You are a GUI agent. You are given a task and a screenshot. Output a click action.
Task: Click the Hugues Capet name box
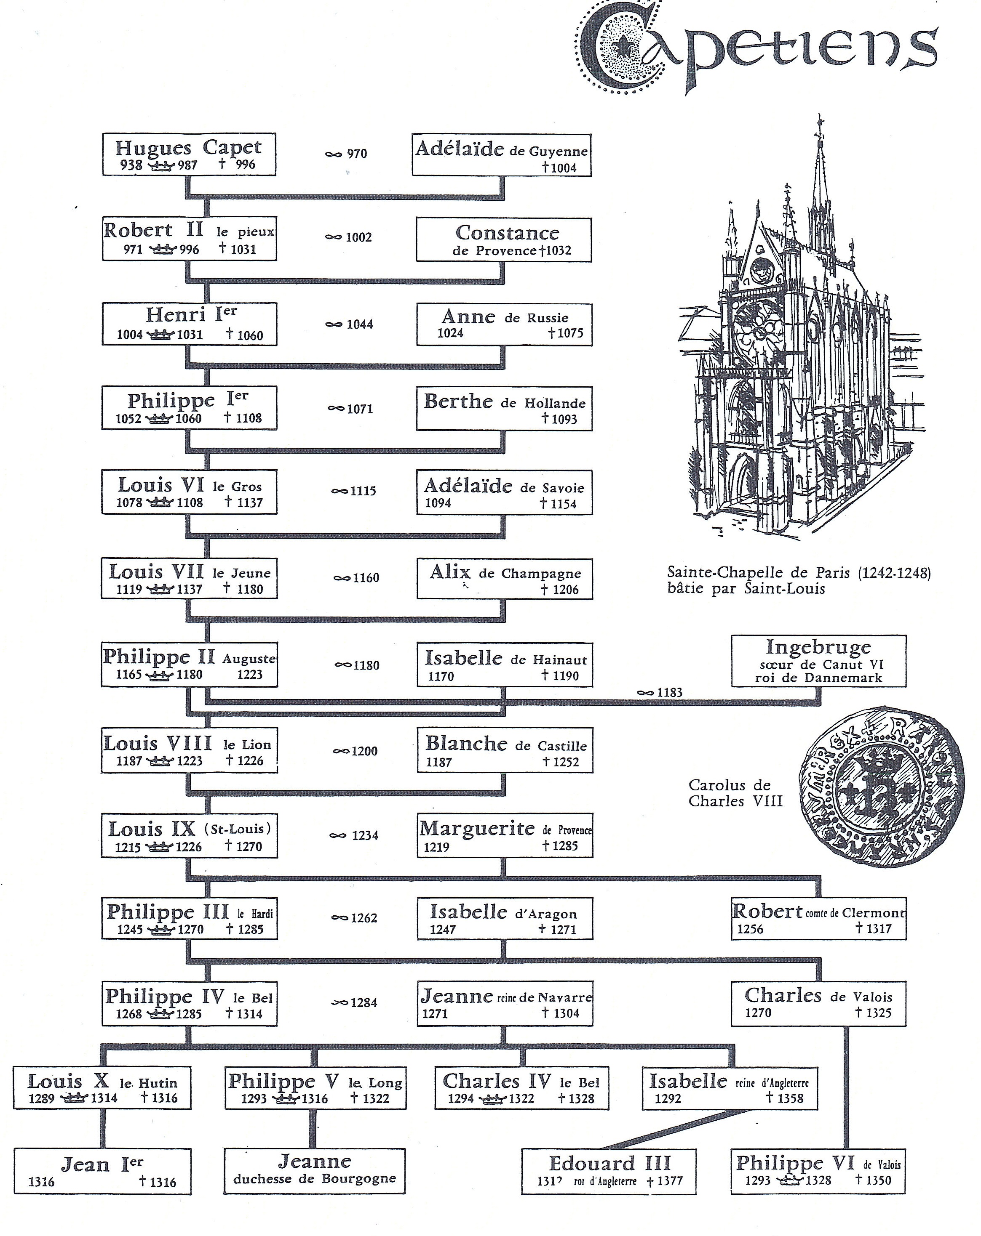tap(189, 154)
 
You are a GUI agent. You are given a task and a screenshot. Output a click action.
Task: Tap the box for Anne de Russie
tap(504, 324)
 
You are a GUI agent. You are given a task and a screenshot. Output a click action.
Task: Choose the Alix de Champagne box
tap(504, 579)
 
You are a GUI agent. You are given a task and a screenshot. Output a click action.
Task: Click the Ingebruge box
tap(819, 661)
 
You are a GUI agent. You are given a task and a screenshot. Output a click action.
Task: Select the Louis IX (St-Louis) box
tap(189, 835)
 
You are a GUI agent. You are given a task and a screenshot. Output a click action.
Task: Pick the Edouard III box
tap(609, 1171)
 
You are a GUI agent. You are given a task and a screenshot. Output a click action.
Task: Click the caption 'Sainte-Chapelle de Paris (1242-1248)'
tap(798, 572)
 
